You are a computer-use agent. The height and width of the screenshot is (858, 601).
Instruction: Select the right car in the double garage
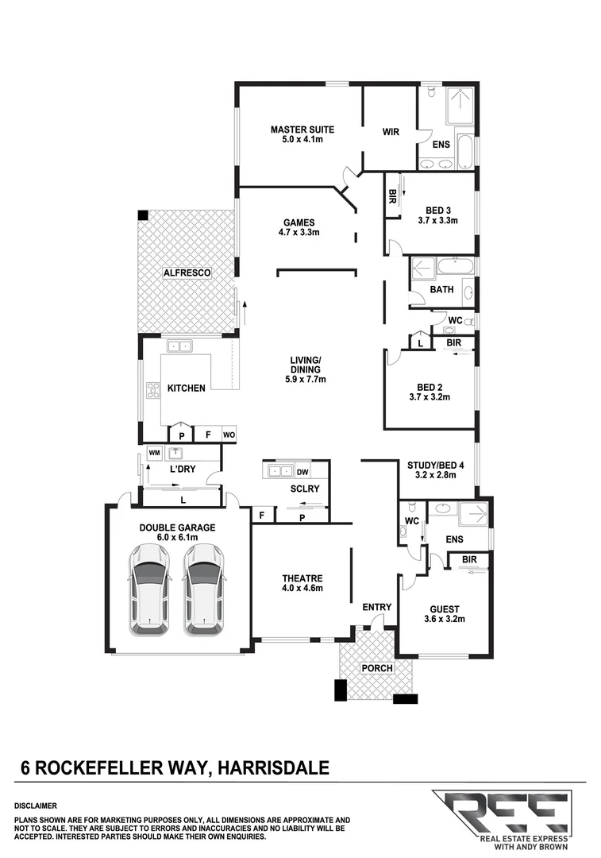click(x=203, y=589)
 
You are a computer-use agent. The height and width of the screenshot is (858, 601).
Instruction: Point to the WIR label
click(x=390, y=132)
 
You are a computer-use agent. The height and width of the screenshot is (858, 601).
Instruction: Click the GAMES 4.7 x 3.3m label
click(x=299, y=227)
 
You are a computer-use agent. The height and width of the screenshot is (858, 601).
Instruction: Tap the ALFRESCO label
click(x=186, y=272)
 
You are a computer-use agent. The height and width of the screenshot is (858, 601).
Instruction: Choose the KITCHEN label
click(x=187, y=388)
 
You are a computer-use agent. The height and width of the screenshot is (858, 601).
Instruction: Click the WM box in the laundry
click(x=154, y=453)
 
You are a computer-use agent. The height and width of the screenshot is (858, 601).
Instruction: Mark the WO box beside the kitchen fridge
click(x=228, y=435)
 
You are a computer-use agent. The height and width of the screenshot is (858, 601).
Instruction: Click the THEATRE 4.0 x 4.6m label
click(x=302, y=583)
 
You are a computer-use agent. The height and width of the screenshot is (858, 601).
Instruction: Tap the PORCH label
click(x=376, y=668)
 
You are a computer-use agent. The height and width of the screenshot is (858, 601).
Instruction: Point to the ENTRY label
click(x=376, y=608)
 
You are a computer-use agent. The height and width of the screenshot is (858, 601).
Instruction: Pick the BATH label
click(x=441, y=290)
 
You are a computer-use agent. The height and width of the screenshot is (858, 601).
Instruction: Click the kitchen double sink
click(x=179, y=346)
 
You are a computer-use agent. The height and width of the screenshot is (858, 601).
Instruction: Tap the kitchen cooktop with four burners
click(x=152, y=390)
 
